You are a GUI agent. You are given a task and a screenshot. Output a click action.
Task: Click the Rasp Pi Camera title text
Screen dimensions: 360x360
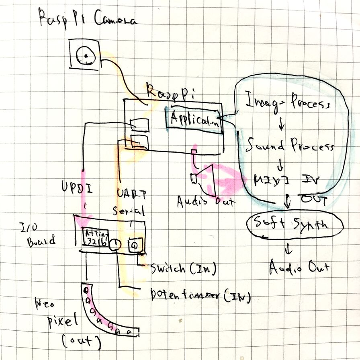(88, 18)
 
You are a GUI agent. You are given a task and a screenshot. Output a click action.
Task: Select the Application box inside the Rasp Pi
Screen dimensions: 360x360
(195, 119)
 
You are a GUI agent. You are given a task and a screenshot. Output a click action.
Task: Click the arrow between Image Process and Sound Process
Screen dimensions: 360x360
(281, 125)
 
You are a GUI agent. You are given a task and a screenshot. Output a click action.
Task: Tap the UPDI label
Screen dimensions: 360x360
(77, 187)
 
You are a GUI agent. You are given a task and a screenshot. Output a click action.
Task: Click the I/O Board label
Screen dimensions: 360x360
(38, 235)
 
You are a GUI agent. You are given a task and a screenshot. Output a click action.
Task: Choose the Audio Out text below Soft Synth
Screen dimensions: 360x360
(299, 267)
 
